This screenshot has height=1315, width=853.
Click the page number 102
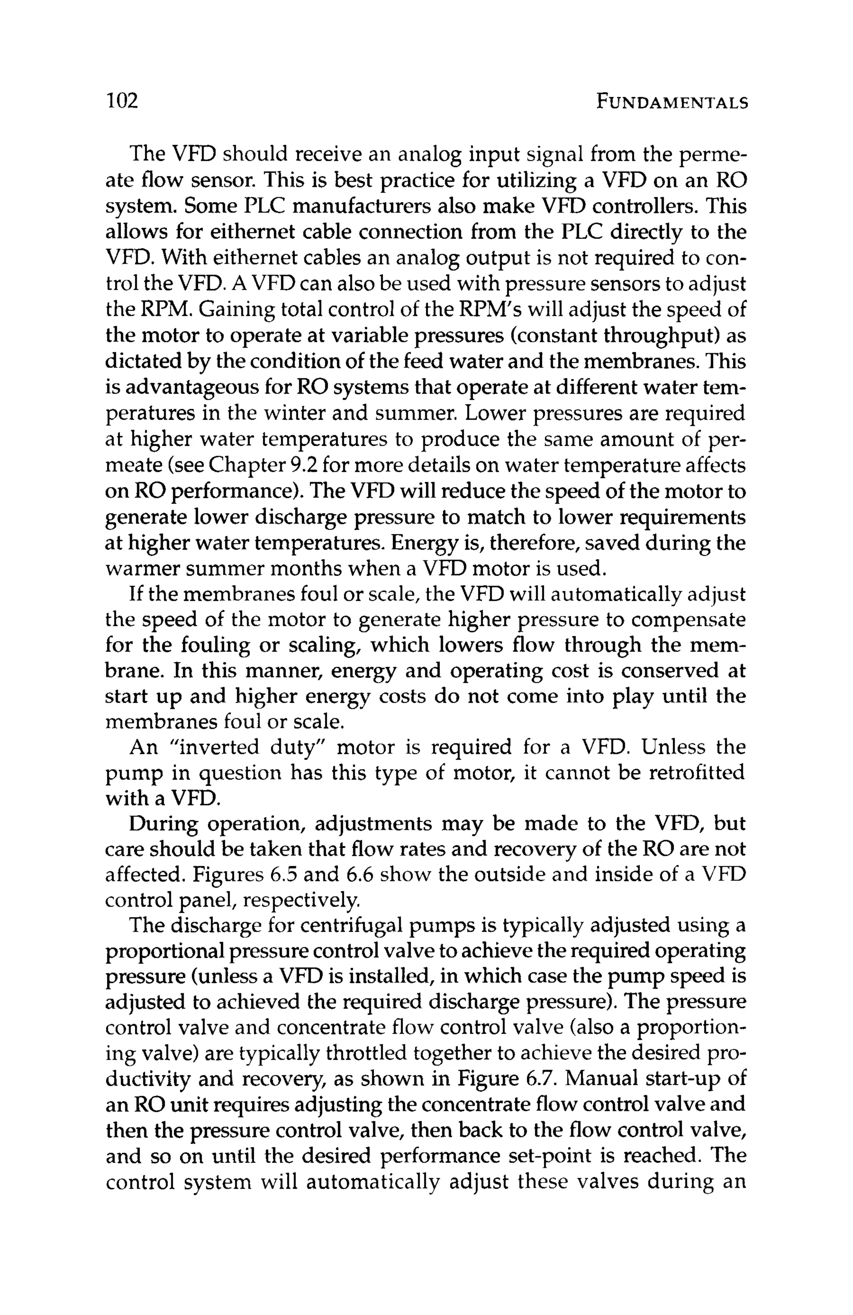(x=122, y=101)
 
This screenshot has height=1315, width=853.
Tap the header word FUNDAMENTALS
(x=672, y=102)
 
